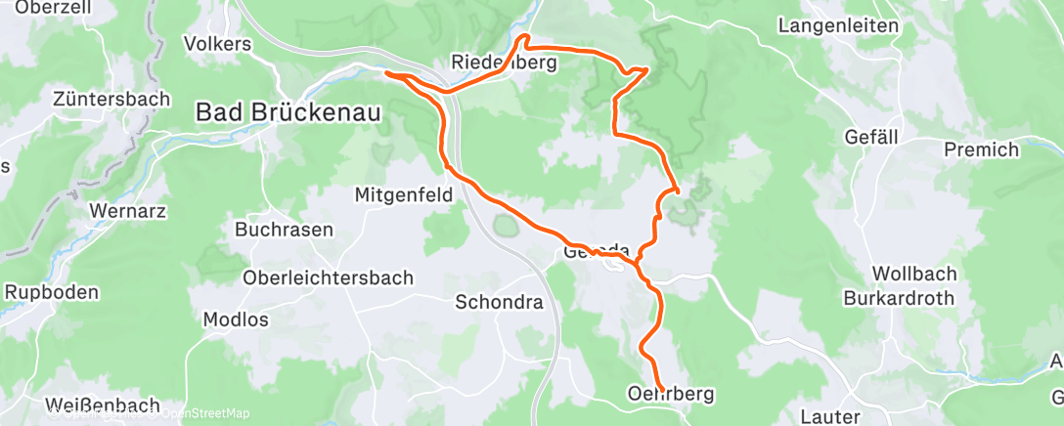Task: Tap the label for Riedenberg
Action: pyautogui.click(x=504, y=63)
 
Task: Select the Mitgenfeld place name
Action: pyautogui.click(x=404, y=195)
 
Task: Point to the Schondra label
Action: pyautogui.click(x=499, y=302)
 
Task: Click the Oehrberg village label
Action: pyautogui.click(x=669, y=394)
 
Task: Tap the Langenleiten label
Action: pyautogui.click(x=838, y=25)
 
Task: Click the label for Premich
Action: pyautogui.click(x=981, y=149)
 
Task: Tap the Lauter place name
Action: pyautogui.click(x=829, y=417)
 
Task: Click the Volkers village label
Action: pyautogui.click(x=217, y=44)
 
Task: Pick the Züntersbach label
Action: pyautogui.click(x=111, y=99)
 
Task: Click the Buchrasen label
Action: pyautogui.click(x=284, y=231)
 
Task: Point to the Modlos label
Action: pyautogui.click(x=235, y=319)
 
